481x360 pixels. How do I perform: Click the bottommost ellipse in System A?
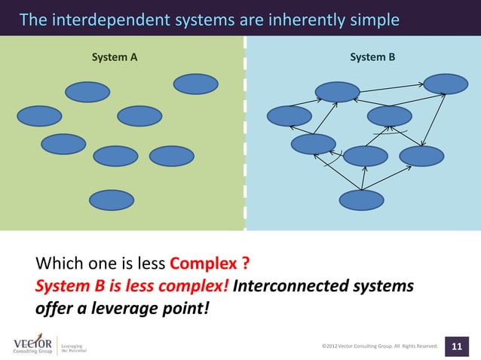click(112, 200)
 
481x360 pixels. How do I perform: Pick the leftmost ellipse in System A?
click(39, 116)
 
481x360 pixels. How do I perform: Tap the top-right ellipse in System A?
click(196, 84)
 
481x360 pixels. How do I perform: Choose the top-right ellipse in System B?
click(446, 84)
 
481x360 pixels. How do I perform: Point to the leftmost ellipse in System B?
click(290, 116)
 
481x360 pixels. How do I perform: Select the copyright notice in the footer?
click(380, 346)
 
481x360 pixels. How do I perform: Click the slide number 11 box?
click(456, 346)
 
